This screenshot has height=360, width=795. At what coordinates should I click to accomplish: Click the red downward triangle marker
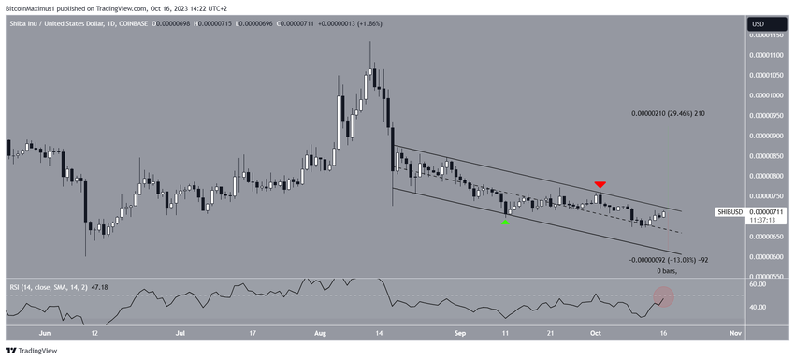coord(600,185)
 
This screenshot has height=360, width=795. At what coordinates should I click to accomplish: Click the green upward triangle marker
coord(506,222)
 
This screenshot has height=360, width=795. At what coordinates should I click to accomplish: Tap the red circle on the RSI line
coord(663,298)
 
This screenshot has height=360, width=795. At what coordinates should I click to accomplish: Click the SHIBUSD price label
coord(730,212)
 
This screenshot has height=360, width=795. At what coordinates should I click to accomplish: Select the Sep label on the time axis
coord(459,332)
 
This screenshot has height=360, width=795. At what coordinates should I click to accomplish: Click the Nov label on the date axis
coord(734,332)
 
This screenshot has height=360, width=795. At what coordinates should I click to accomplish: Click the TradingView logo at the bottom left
coord(32,351)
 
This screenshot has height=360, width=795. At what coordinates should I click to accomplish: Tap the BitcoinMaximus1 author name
coord(34,8)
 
